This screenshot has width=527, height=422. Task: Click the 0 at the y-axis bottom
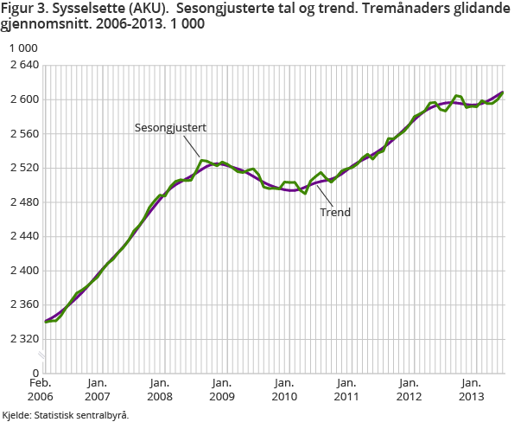click(x=35, y=373)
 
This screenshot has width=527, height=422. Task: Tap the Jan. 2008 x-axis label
click(x=159, y=389)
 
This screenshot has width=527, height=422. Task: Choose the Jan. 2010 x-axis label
click(x=283, y=389)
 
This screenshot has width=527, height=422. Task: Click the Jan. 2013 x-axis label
click(x=470, y=389)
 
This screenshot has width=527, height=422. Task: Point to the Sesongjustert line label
click(x=170, y=127)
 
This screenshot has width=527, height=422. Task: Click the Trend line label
click(x=335, y=212)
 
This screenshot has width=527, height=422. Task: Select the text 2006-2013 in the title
click(x=130, y=25)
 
